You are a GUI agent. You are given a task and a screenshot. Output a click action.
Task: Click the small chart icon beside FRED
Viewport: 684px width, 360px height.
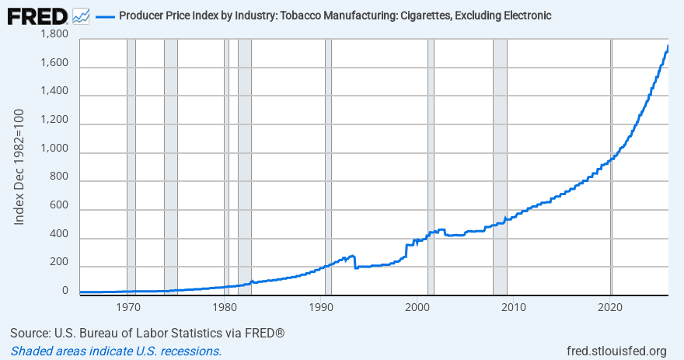80,16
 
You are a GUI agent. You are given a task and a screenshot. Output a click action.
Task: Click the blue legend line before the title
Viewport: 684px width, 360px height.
104,16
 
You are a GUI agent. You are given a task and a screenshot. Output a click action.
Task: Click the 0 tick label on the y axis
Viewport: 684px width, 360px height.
65,292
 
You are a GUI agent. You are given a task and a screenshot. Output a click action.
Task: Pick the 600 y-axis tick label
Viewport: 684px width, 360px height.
58,206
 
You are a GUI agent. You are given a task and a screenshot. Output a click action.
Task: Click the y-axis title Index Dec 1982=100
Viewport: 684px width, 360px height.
20,167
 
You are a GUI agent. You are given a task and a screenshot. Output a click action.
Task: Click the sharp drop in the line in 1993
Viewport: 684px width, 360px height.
355,262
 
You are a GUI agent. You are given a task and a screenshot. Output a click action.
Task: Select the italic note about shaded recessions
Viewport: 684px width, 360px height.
116,351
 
